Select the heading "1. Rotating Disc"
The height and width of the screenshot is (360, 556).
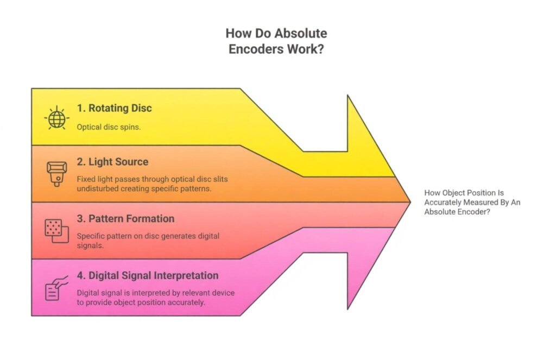[x=114, y=108]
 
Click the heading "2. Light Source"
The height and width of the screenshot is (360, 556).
[x=112, y=162]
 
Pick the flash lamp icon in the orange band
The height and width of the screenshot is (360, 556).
[x=56, y=173]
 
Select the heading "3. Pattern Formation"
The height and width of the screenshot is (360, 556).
[x=125, y=219]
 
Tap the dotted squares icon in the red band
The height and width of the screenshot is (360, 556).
[x=56, y=230]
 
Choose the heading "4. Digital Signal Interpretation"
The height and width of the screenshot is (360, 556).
[x=148, y=275]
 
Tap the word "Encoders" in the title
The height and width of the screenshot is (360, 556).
[x=254, y=49]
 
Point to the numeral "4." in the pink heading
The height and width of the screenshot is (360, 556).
[x=81, y=275]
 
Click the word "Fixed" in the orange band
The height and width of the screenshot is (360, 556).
[x=86, y=179]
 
